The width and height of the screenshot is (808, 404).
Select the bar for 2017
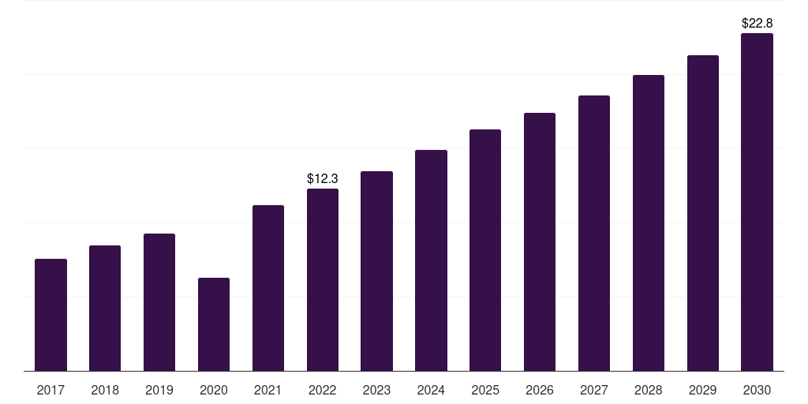coord(50,315)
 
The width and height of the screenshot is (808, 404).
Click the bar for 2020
coord(214,324)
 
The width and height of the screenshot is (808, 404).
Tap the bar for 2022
coord(323,280)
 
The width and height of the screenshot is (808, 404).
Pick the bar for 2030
coord(757,202)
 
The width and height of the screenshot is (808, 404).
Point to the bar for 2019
coord(159,302)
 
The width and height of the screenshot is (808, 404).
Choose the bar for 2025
coord(485,250)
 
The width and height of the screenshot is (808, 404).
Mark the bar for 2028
coord(649,223)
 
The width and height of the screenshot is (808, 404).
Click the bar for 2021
coord(268,288)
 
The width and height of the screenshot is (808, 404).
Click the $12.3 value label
coord(323,179)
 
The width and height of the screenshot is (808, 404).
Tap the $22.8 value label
coord(757,23)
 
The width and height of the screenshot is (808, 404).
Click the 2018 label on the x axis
coord(105,390)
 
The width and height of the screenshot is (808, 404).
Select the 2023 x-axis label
coord(376,390)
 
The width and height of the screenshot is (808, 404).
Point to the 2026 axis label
coord(540,390)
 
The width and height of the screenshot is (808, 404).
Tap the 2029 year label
coord(703,390)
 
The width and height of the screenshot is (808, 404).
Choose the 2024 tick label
coord(431,390)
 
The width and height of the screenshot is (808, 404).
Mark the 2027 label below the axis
coord(594,390)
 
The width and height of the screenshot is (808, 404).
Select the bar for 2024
coord(431,260)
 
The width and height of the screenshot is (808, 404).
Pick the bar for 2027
coord(594,233)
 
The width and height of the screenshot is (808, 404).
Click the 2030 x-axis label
coord(757,390)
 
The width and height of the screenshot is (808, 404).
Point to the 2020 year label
coord(214,390)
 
